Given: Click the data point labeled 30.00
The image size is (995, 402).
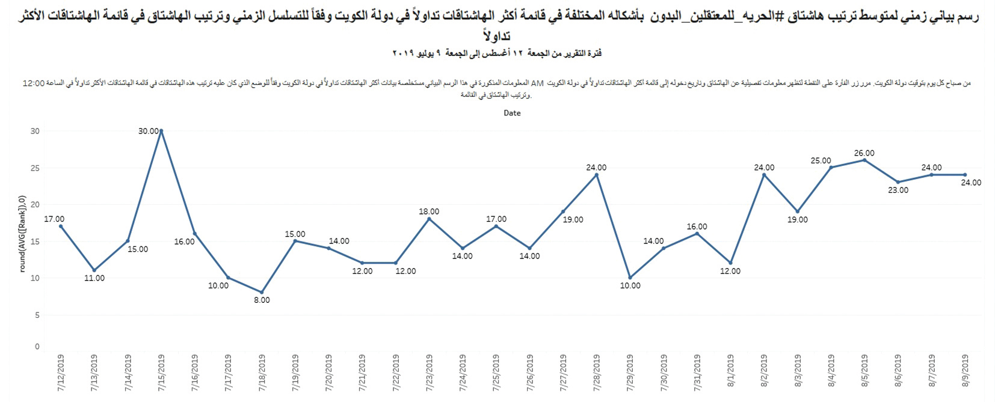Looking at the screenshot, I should (x=161, y=130).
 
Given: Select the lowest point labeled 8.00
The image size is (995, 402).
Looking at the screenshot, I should (x=262, y=292).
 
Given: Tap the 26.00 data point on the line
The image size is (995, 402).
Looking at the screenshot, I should (x=864, y=160).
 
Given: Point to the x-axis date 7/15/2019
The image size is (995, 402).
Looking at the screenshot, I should (x=161, y=373).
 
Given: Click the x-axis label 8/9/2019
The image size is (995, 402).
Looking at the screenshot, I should (x=965, y=373).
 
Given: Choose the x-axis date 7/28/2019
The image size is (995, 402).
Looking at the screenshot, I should (x=597, y=373).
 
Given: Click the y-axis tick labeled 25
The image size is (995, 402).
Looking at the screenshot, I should (x=35, y=168).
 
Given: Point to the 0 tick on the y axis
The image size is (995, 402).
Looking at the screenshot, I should (x=37, y=346).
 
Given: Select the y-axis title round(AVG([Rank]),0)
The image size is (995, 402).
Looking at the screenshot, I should (x=22, y=234).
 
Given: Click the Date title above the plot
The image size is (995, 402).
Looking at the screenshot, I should (x=512, y=113).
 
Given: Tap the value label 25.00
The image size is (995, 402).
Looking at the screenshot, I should (x=821, y=160).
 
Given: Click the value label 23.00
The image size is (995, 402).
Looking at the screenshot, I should (x=898, y=190).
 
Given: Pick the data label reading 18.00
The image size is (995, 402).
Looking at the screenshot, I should (x=429, y=212).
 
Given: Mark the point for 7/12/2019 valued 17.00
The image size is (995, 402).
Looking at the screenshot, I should (x=61, y=227).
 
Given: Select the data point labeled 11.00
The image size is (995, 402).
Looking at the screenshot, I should (x=94, y=270).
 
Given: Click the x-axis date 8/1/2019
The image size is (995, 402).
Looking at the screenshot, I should (x=730, y=373).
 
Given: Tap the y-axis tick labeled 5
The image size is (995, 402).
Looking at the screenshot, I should (x=37, y=315).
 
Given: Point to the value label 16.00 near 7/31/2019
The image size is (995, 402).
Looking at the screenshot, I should (x=697, y=227).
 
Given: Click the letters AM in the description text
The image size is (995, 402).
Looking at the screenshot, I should (x=537, y=83).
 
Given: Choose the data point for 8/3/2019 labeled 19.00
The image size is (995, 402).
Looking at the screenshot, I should (x=797, y=212).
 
